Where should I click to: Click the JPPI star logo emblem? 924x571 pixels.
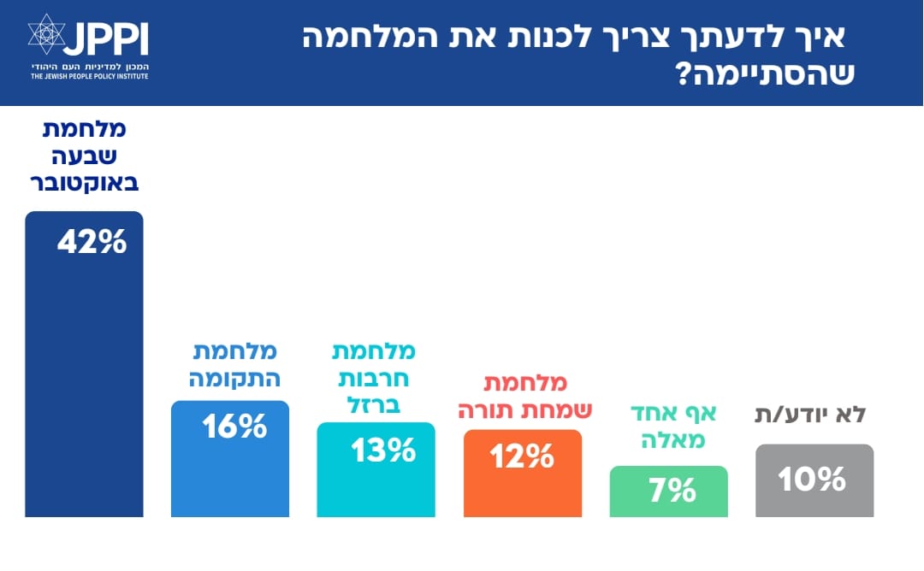47,35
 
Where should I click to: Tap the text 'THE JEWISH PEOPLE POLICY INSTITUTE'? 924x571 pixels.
89,76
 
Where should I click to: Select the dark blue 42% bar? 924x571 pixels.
84,385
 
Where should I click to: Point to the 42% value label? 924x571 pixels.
92,243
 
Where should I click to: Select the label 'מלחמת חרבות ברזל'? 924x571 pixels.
375,377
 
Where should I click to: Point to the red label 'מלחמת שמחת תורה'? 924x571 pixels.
521,395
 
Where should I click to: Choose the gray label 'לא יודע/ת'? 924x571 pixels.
810,415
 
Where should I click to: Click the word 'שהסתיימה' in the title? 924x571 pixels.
769,73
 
